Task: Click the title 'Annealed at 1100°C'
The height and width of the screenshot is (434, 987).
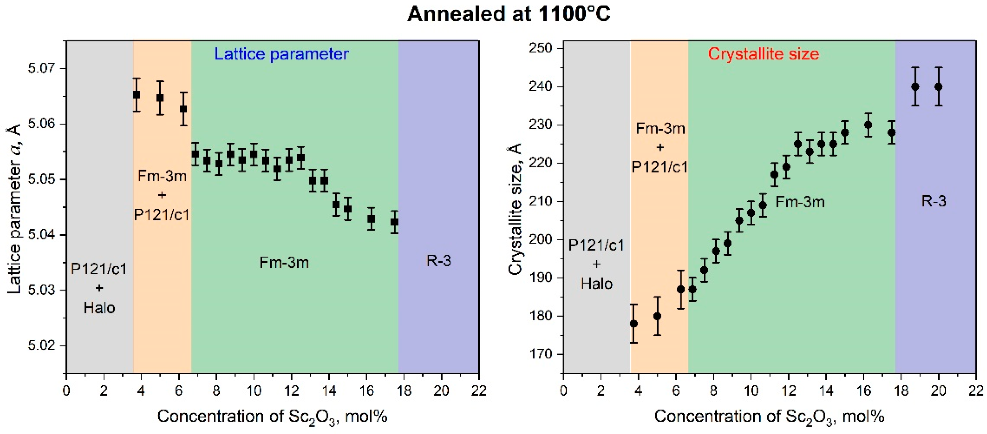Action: point(508,15)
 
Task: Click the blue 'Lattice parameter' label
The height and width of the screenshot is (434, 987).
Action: point(281,54)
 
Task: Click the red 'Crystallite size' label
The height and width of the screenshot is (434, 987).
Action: point(763,54)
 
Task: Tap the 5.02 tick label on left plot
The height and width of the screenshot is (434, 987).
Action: point(41,345)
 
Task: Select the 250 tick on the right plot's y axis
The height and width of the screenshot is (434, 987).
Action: point(540,48)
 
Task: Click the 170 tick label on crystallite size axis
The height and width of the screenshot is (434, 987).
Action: point(540,354)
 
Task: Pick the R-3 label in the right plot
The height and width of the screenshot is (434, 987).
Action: point(933,201)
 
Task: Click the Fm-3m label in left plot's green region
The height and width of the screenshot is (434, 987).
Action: point(284,262)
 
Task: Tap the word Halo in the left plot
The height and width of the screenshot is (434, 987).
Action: point(99,308)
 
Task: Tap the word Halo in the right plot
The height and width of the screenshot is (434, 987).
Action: point(597,284)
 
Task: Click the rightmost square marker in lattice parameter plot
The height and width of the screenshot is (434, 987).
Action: point(395,222)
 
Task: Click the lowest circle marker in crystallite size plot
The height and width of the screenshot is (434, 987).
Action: point(634,324)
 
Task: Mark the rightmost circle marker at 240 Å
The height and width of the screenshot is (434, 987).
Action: point(938,87)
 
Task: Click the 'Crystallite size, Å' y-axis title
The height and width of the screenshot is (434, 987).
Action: point(515,209)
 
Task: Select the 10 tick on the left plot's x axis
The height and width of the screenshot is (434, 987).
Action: point(254,391)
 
